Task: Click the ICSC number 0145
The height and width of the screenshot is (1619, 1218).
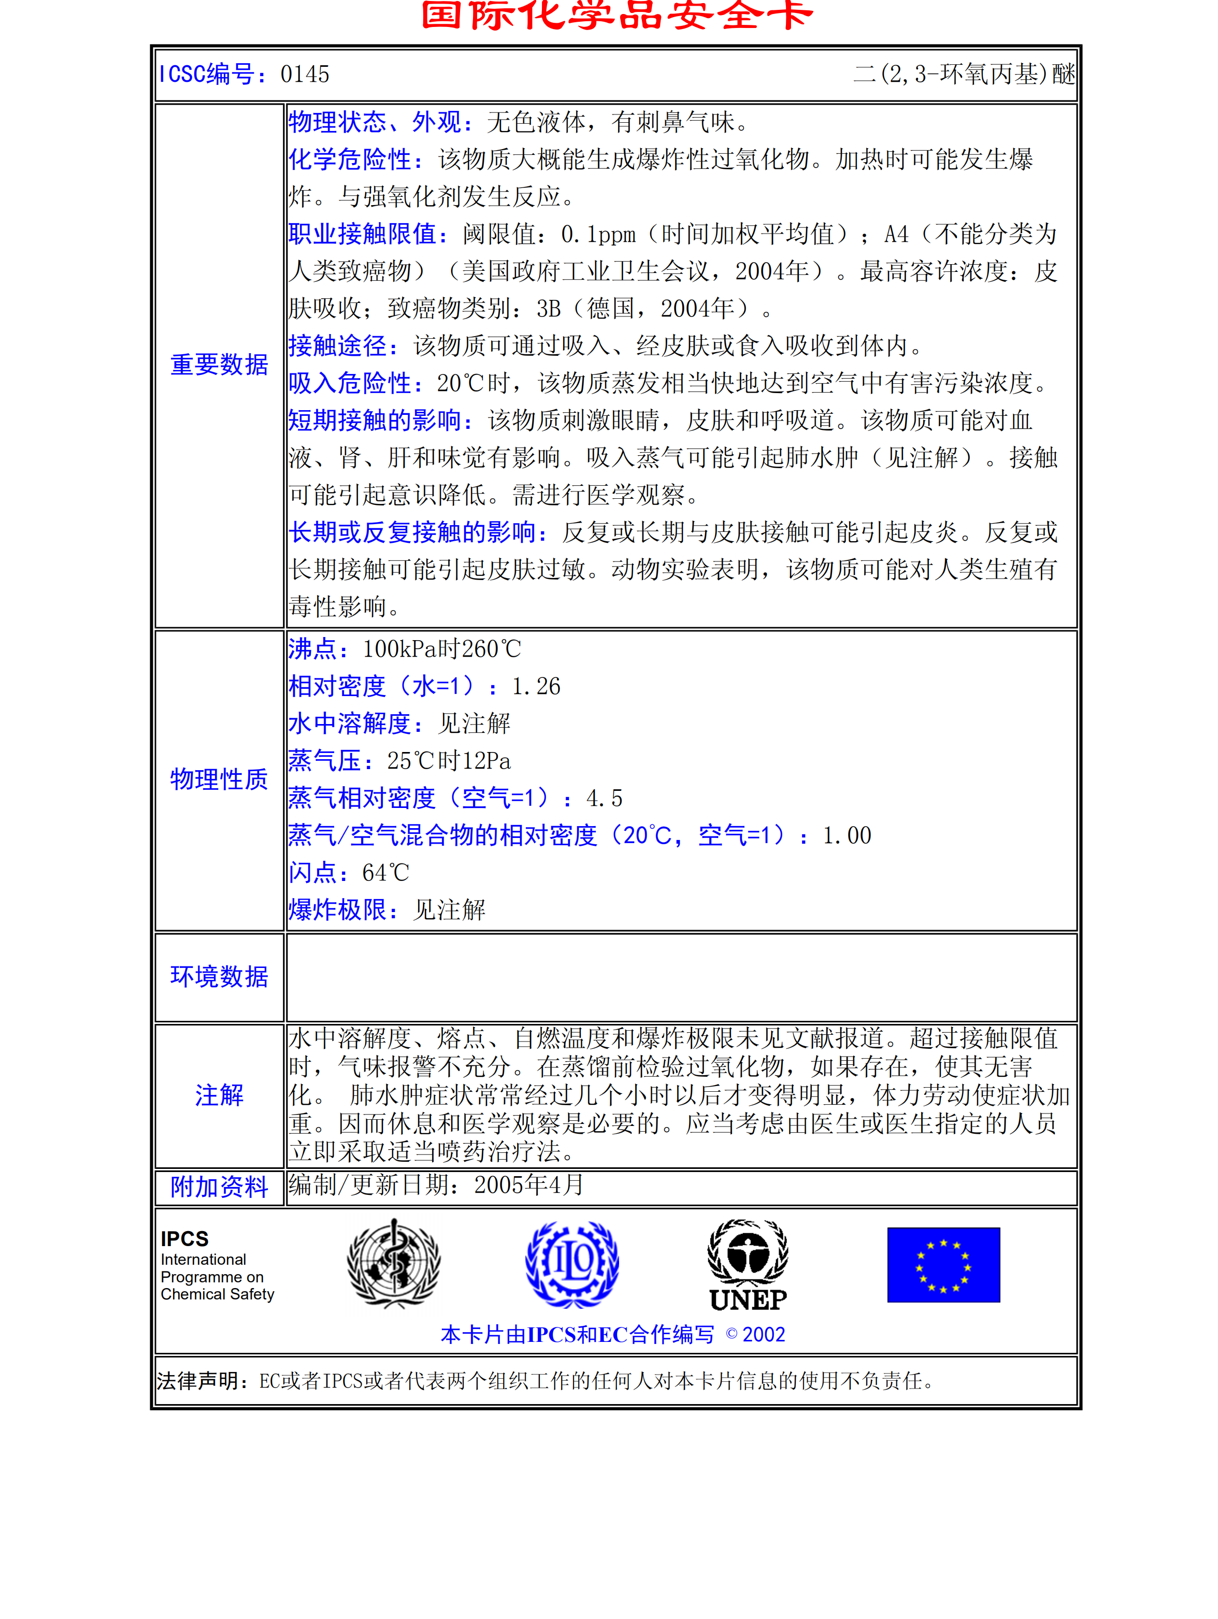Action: (x=305, y=74)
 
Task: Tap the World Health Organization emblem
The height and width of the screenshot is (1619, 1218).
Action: (x=394, y=1263)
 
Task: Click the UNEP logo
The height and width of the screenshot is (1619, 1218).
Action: (x=748, y=1265)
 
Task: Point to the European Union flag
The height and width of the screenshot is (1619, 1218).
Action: (x=943, y=1265)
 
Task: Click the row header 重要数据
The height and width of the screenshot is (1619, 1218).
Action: (x=219, y=365)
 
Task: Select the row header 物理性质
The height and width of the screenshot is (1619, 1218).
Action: (x=219, y=779)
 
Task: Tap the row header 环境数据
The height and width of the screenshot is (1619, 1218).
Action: (x=219, y=976)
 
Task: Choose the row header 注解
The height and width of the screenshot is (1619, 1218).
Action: (x=219, y=1095)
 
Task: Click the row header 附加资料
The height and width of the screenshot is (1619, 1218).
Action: (x=219, y=1187)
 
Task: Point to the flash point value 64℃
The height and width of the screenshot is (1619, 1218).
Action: (x=386, y=873)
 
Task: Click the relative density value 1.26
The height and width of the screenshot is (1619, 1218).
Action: (x=536, y=687)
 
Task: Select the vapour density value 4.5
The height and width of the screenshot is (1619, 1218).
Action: (x=604, y=798)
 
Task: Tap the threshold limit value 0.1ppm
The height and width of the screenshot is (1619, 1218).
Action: (x=598, y=234)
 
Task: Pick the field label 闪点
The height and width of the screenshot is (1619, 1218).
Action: (x=312, y=873)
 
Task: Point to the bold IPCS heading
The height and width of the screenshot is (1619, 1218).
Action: (x=184, y=1238)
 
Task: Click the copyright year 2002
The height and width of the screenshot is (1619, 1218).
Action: (x=764, y=1334)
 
